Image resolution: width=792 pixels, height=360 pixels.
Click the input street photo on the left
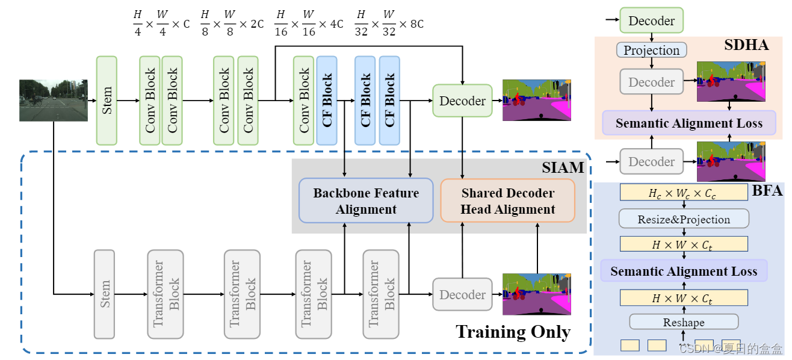point(54,101)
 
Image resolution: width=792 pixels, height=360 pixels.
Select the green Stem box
point(107,101)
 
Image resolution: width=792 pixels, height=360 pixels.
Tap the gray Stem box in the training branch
point(104,294)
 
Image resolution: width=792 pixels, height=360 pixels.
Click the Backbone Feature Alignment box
point(366,201)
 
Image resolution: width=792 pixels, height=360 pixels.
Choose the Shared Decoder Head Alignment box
point(508,201)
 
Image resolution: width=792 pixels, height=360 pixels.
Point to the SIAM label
point(563,168)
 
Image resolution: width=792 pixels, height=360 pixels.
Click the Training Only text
point(513,332)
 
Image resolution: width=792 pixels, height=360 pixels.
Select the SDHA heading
point(746,45)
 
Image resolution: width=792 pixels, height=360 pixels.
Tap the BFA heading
point(767,191)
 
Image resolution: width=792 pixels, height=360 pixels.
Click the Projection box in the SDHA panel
point(652,51)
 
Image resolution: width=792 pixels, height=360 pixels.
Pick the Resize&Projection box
point(684,219)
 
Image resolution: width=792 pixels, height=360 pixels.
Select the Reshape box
point(684,323)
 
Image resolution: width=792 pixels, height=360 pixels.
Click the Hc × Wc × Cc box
point(684,193)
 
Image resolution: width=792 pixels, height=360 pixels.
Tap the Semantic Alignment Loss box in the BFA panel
point(684,272)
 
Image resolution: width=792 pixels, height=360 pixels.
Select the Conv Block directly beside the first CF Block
point(303,101)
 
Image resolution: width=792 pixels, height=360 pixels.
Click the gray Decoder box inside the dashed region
point(462,294)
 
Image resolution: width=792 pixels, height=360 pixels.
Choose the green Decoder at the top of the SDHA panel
point(651,21)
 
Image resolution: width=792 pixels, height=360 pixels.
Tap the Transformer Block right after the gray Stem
point(166,294)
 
